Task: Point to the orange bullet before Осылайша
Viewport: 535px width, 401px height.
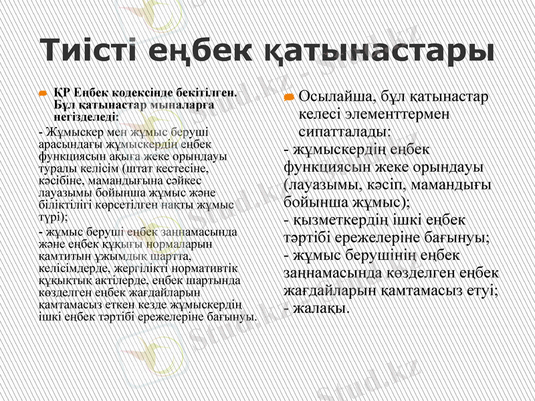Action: [289, 98]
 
